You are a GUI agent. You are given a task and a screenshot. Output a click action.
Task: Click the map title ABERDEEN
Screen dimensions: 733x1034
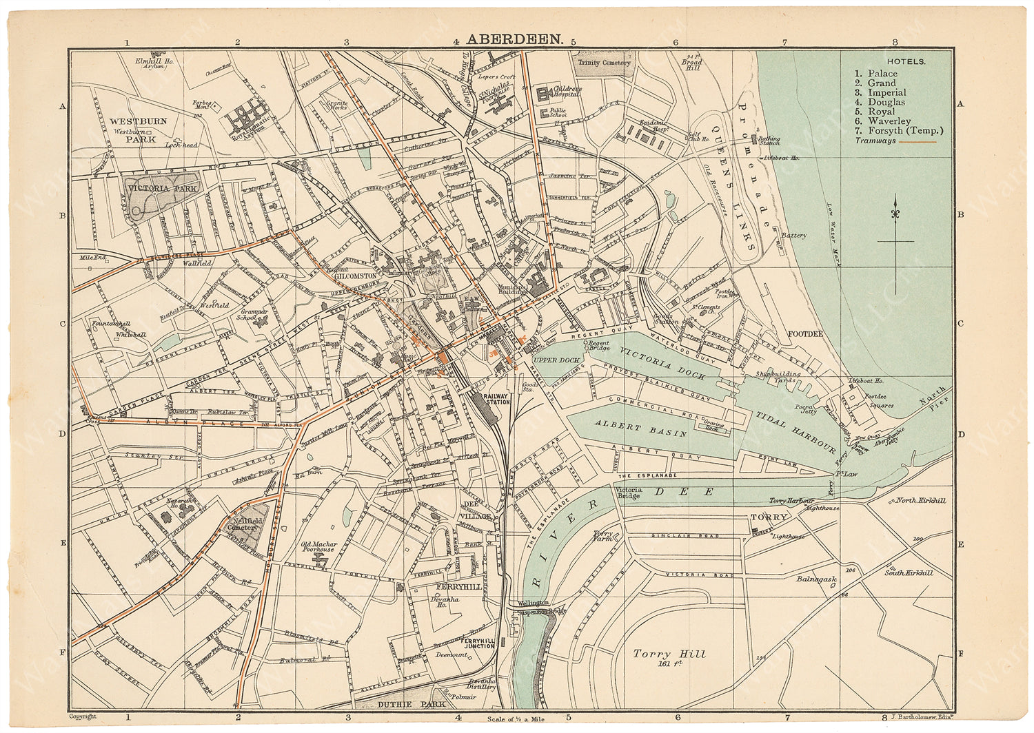coord(515,40)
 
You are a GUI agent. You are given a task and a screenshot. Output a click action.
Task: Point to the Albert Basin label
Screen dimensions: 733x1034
coord(641,429)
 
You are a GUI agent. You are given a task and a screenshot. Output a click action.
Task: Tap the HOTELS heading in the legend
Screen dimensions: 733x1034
coord(906,61)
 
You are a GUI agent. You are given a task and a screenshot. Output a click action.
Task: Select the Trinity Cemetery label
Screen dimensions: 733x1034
coord(604,63)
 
